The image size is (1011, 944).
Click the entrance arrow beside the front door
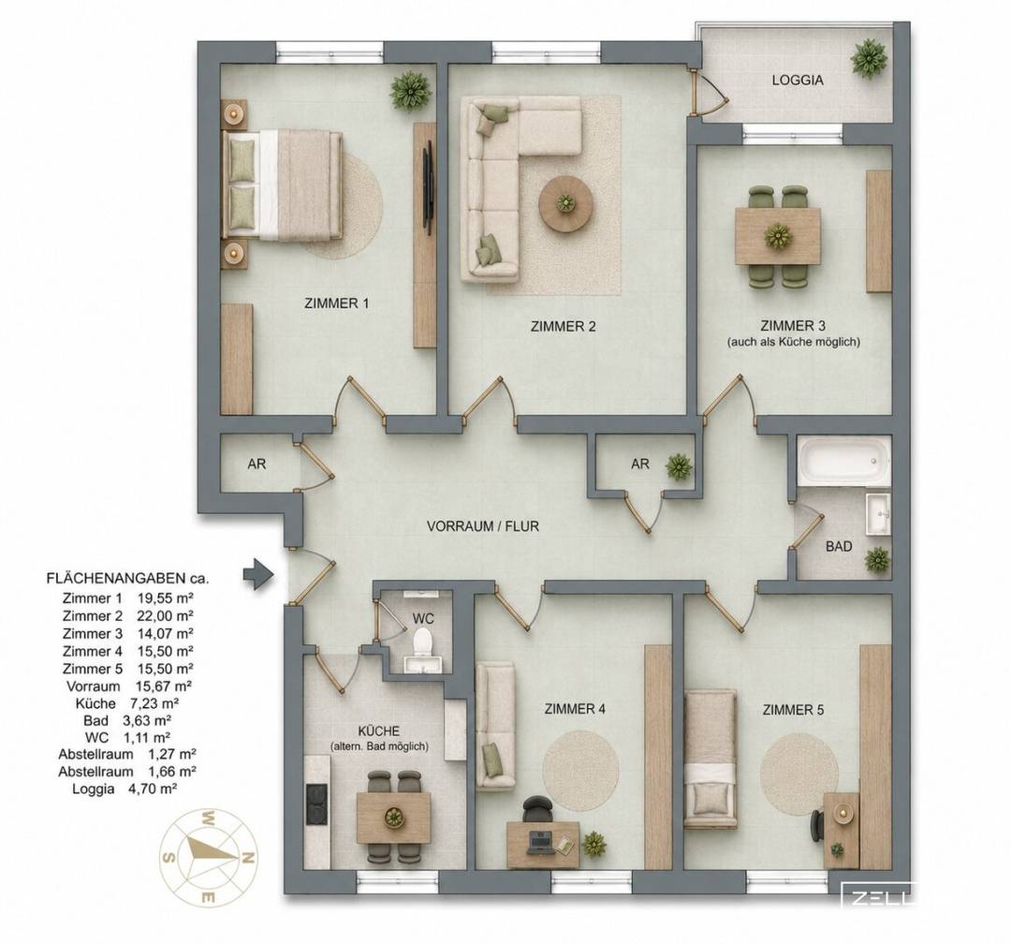[258, 574]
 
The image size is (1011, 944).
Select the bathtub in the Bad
[842, 460]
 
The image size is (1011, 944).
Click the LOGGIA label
[798, 81]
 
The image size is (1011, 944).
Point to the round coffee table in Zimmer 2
[565, 203]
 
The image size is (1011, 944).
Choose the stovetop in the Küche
[317, 804]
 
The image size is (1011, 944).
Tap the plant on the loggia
[868, 59]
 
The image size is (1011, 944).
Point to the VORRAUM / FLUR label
[483, 526]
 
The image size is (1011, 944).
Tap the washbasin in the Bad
[877, 513]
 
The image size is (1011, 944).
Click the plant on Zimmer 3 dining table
[778, 237]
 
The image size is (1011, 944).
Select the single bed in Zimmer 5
[710, 759]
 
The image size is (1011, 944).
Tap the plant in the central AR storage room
[679, 466]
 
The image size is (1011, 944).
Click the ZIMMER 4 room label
[575, 709]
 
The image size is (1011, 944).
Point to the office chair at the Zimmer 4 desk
[537, 808]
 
